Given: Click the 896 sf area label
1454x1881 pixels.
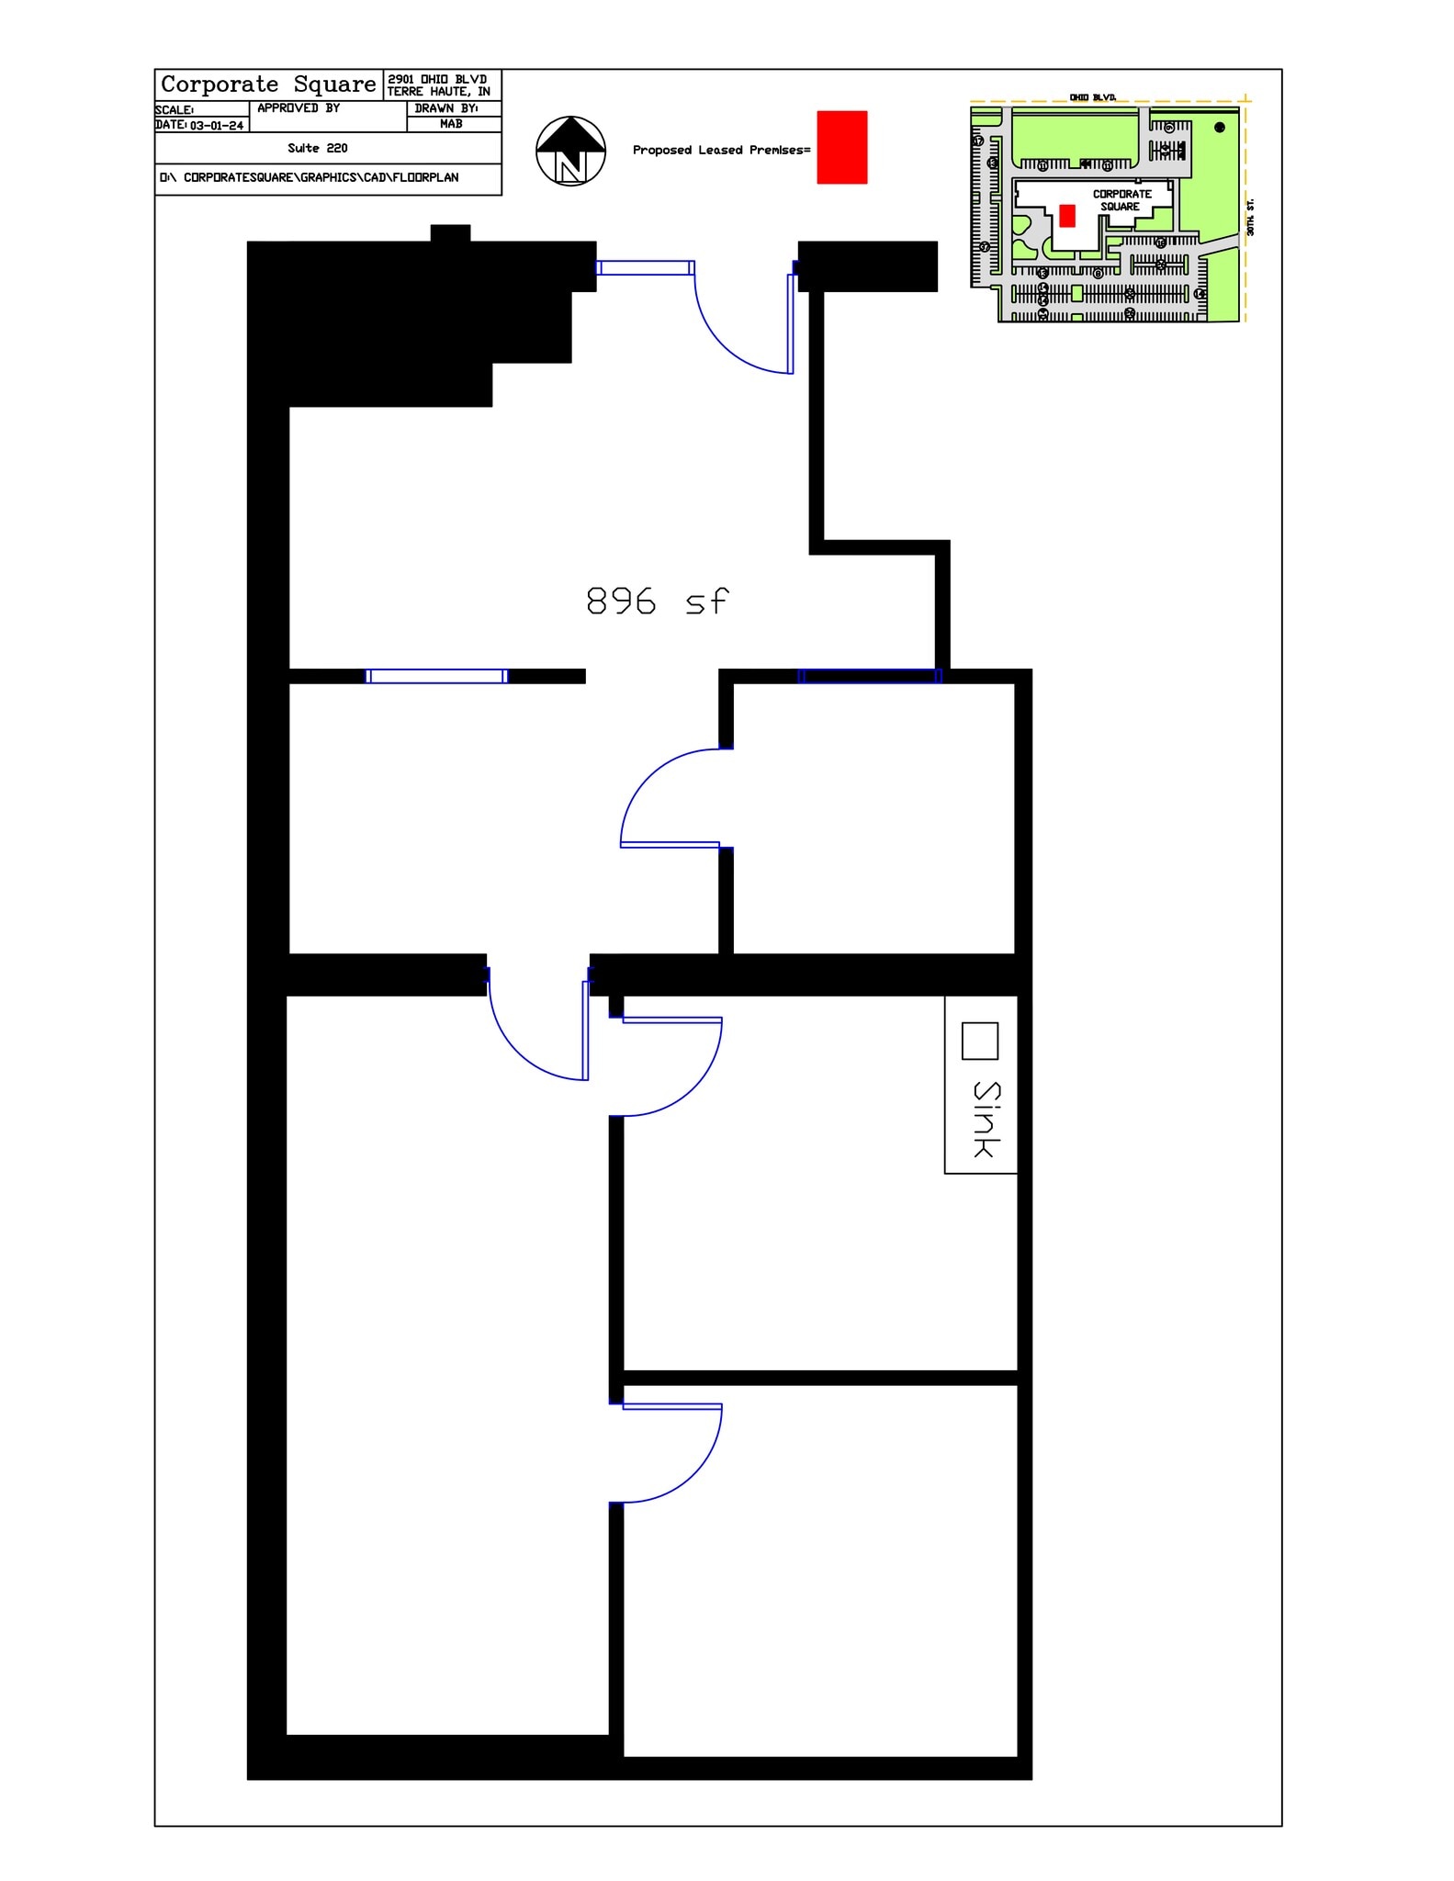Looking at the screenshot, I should tap(657, 602).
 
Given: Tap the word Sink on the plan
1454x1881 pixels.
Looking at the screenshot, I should tap(986, 1119).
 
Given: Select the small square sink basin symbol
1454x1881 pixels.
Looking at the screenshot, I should tap(979, 1041).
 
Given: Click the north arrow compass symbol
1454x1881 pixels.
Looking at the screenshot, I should tap(570, 151).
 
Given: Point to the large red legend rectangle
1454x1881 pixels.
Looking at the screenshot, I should tap(841, 147).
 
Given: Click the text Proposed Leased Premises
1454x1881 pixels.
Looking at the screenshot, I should tap(721, 150).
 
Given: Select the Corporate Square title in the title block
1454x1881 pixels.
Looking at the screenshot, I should tap(268, 84).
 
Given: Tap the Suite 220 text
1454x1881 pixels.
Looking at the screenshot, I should tap(318, 148).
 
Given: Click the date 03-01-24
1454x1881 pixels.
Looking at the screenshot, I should tap(217, 126).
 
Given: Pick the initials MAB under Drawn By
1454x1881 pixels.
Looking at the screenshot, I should tap(451, 124).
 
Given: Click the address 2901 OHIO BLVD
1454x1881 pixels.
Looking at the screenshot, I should tap(437, 79).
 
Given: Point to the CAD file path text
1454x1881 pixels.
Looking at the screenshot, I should tap(310, 177).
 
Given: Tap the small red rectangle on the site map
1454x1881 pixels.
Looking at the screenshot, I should tap(1066, 216).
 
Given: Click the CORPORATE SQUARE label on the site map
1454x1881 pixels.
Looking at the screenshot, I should tap(1121, 200).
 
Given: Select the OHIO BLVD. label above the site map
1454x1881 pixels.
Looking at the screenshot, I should tap(1092, 97).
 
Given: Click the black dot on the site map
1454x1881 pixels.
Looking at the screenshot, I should tap(1219, 128).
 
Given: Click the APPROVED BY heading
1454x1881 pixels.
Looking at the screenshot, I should tap(299, 108).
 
